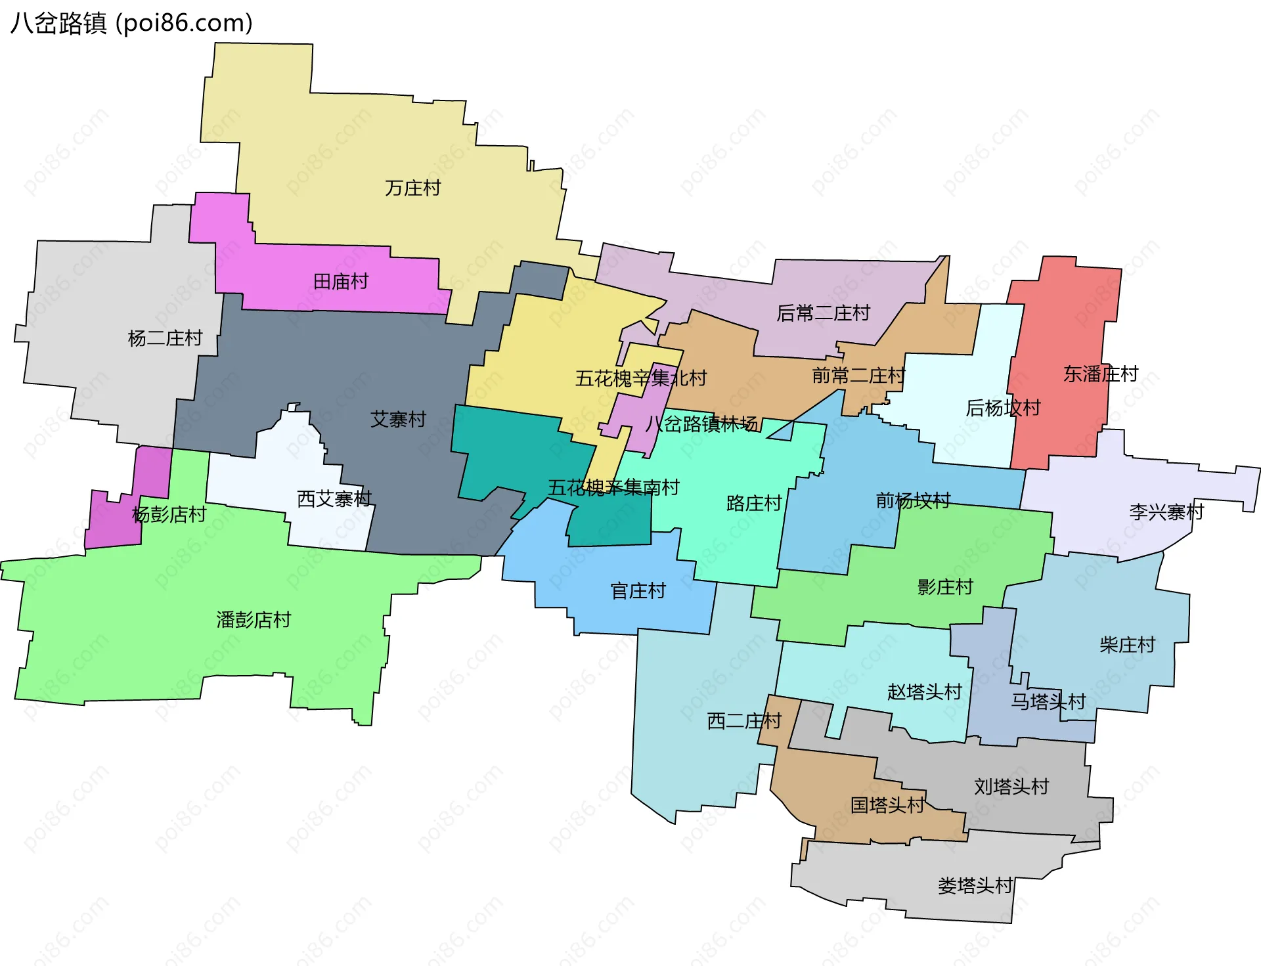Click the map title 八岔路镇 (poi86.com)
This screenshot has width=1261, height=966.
131,24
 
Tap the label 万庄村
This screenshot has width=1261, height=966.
412,188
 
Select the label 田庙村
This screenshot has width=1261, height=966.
341,282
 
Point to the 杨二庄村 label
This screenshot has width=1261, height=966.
165,338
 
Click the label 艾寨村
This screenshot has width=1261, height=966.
398,419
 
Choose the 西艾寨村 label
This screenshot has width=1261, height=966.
334,499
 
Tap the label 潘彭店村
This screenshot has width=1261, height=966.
254,619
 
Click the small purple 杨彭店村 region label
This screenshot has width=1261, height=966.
169,514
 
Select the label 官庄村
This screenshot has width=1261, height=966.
638,591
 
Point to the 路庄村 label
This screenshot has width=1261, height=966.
754,503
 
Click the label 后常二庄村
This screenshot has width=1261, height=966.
823,313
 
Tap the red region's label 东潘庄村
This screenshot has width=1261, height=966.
1101,374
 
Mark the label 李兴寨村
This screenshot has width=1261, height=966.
1166,512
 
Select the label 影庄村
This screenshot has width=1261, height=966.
945,586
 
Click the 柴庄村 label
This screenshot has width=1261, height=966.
1127,644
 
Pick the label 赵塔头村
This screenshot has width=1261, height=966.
924,692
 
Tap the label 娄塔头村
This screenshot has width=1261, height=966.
975,885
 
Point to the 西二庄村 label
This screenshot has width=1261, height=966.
744,721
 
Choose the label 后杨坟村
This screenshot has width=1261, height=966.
1003,408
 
